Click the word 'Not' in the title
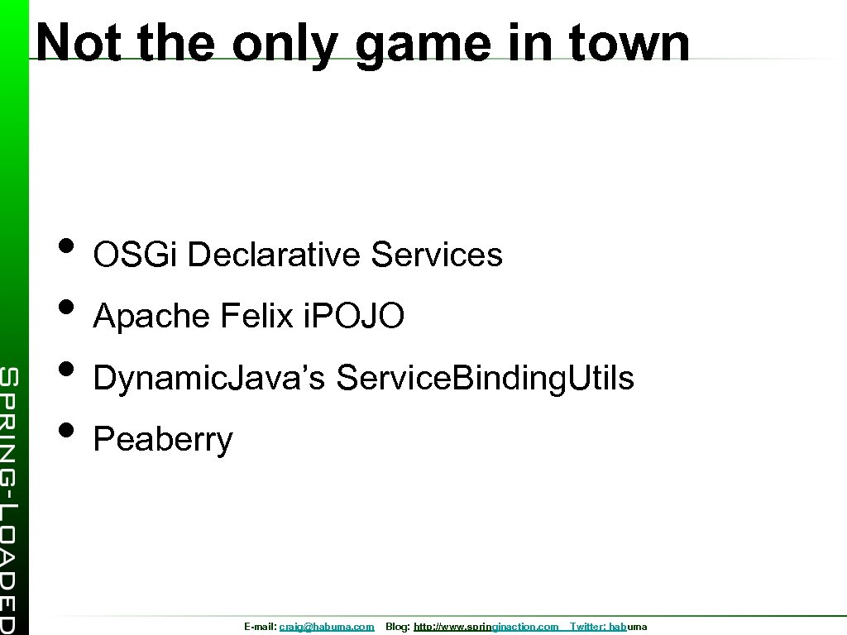pos(79,42)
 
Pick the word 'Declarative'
pos(275,255)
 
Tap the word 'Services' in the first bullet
pos(437,255)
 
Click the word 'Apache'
pos(151,316)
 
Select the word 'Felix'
pos(256,316)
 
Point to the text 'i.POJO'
pos(353,316)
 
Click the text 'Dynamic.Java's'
pos(211,378)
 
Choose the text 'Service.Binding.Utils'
pos(486,378)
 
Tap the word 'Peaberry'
pos(163,440)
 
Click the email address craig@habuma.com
pos(327,628)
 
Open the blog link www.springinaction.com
pos(486,628)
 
